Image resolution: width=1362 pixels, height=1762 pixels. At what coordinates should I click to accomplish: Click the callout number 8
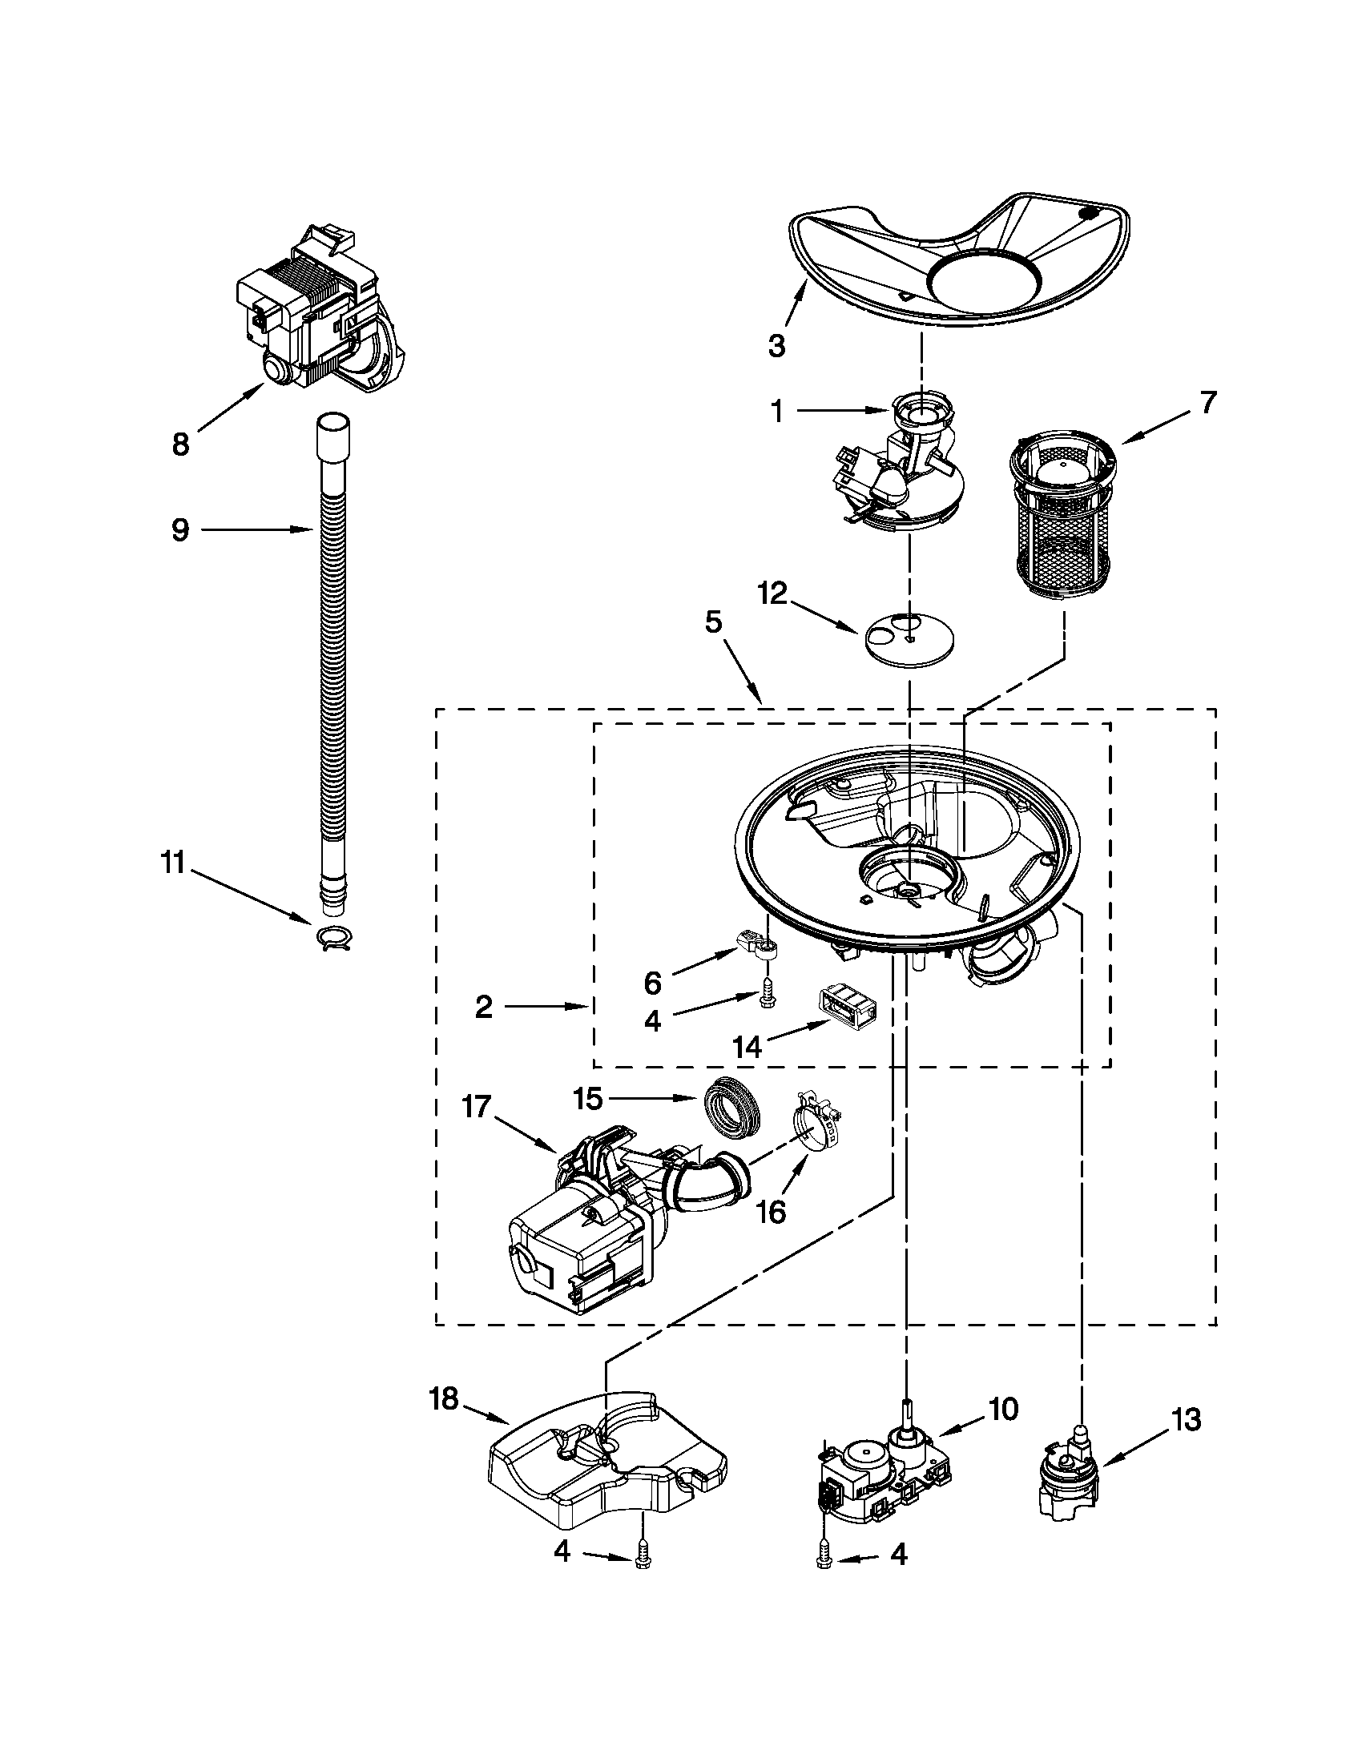[x=180, y=443]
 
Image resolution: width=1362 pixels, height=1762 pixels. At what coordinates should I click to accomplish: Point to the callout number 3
[x=776, y=346]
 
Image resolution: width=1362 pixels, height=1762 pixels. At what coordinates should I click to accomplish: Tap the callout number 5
[x=713, y=622]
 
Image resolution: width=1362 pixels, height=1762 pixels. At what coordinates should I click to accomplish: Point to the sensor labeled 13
[x=1066, y=1475]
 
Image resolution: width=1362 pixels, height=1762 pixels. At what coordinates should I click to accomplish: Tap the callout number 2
[x=483, y=1006]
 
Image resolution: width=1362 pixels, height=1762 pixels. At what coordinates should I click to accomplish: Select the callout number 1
[x=776, y=412]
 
